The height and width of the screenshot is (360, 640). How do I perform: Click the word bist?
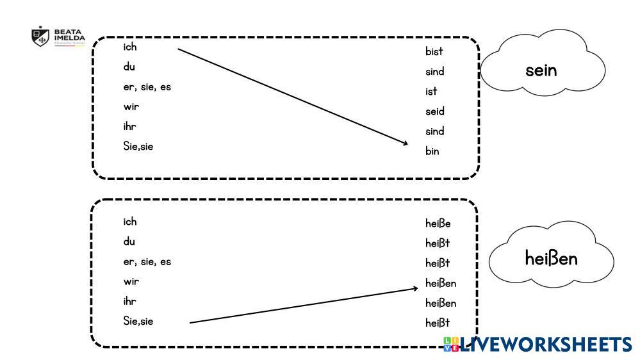point(434,51)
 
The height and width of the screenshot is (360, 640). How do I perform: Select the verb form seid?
point(434,111)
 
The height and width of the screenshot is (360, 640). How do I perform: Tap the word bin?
point(432,152)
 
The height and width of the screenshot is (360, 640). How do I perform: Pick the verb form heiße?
point(438,224)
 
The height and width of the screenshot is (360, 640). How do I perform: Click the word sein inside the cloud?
point(541,70)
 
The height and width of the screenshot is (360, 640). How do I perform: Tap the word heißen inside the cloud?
point(551,259)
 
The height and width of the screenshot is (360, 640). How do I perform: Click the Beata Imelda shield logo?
point(40,36)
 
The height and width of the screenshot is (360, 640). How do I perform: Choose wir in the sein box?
point(131,106)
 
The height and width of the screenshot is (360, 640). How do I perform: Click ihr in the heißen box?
point(129,301)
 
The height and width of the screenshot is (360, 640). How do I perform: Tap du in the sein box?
point(129,67)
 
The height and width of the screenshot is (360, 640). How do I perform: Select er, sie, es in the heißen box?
point(147,261)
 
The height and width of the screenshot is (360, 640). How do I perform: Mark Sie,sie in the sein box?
point(138,146)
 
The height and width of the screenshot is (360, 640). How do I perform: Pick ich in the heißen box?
point(130,222)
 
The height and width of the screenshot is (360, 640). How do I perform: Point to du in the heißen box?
point(129,241)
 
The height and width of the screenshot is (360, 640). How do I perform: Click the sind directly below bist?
point(434,72)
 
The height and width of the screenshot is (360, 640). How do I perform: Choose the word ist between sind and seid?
point(431,92)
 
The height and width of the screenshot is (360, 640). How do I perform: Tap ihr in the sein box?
point(129,126)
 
